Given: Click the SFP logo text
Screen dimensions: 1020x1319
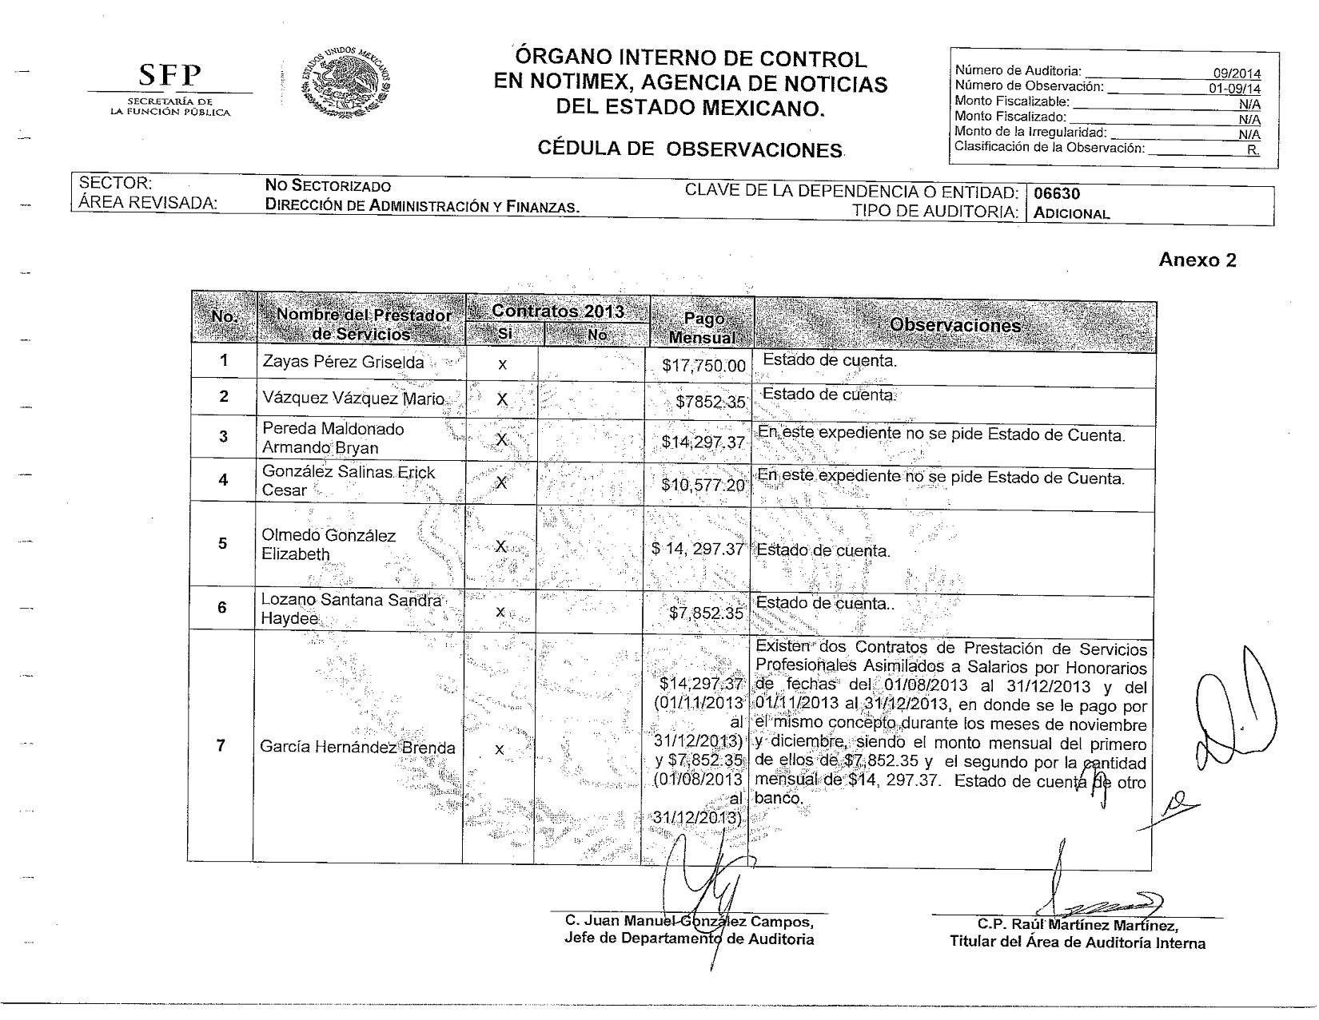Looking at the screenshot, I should [169, 76].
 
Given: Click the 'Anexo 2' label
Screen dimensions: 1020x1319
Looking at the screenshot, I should [1197, 260].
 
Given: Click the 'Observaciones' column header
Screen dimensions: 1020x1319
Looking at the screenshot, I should [954, 325].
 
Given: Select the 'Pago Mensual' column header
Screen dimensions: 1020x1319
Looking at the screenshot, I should [702, 328].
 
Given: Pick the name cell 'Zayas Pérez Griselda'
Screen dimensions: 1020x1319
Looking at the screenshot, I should [343, 362].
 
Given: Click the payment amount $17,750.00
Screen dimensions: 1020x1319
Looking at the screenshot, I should [703, 366].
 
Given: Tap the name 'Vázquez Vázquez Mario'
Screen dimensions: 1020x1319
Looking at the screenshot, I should [353, 398].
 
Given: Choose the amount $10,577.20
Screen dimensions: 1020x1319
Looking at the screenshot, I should [703, 485].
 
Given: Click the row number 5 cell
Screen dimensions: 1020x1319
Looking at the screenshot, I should [223, 543].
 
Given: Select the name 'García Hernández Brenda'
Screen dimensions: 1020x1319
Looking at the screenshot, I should [357, 748].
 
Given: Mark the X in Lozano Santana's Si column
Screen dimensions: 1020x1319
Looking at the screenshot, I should [500, 612].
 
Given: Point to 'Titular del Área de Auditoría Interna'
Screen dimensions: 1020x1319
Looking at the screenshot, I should [1077, 943].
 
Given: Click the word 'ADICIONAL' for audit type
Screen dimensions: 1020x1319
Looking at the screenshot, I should [1071, 213].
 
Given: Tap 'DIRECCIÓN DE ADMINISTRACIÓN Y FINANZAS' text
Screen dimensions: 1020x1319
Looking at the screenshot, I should [422, 206].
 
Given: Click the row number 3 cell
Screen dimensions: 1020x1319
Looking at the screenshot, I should [223, 436].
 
